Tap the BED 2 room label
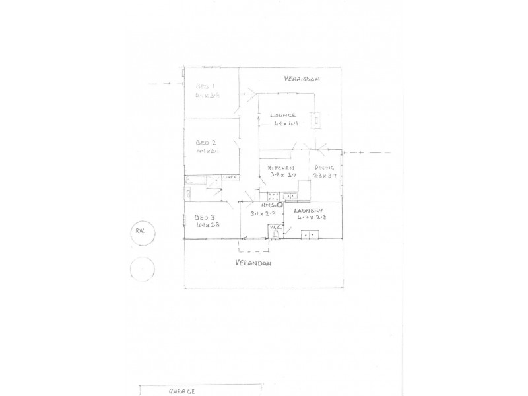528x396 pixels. (x=206, y=142)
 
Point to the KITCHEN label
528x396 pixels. (x=280, y=168)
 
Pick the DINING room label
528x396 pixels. (x=325, y=168)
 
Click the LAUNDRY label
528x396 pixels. (x=313, y=209)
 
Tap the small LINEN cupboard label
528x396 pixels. (x=230, y=177)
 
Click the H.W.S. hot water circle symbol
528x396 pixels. (x=279, y=205)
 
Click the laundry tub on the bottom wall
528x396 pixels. (x=309, y=234)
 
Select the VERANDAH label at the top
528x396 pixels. (x=302, y=79)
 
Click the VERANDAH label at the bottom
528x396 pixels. (x=255, y=263)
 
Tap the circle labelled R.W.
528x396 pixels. (x=140, y=231)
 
